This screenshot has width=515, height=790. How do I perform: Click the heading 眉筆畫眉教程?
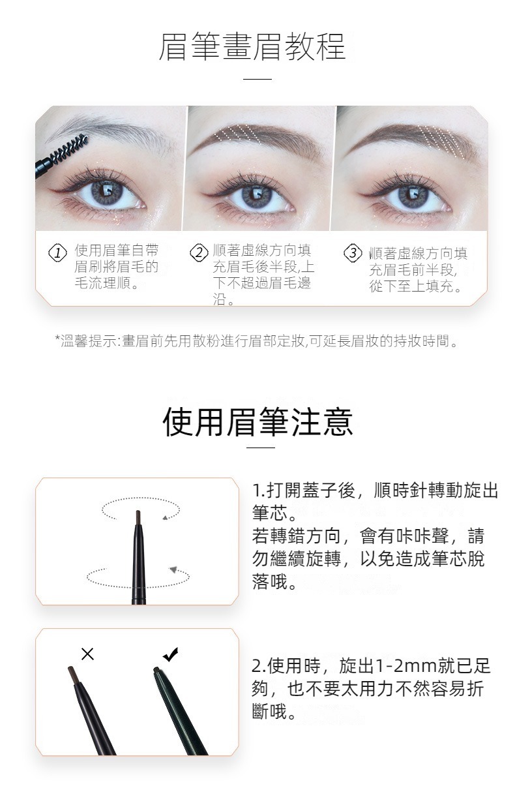pos(252,46)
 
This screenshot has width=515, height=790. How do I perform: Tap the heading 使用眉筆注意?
pos(257,422)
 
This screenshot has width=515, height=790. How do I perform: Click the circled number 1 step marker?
pos(57,252)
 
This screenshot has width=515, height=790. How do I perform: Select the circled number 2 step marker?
pos(199,252)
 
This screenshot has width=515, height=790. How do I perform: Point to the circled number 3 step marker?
pos(353,252)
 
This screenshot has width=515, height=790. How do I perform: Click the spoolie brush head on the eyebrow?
pos(69,149)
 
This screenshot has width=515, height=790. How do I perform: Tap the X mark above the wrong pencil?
pos(87,654)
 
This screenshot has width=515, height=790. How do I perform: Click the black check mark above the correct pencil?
pos(171,654)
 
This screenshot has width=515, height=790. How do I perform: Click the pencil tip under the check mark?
pos(156,669)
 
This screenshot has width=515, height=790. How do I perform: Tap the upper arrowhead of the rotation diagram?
pos(165,518)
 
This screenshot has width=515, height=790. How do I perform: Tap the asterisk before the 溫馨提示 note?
pos(57,337)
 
